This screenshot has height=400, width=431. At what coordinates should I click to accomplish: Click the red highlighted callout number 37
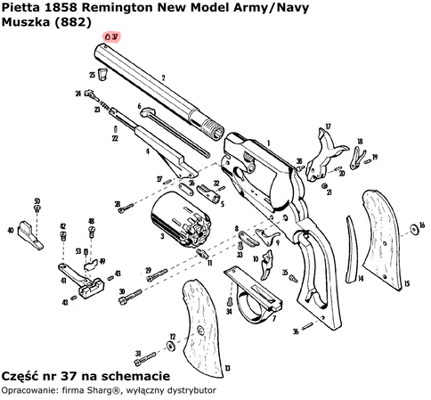click(112, 37)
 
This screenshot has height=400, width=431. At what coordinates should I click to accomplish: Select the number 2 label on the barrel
click(164, 79)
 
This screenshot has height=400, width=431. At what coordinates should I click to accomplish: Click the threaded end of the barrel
click(215, 129)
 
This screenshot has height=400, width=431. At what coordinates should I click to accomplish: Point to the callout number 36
click(295, 332)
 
